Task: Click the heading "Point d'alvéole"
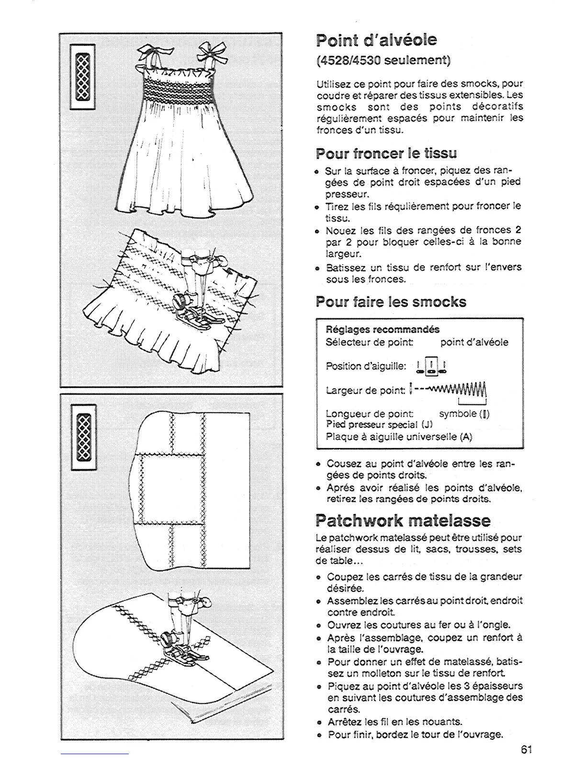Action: click(376, 40)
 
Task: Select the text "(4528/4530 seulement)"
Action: click(383, 60)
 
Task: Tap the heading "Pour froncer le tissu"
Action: click(386, 154)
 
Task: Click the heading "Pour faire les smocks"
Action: click(391, 302)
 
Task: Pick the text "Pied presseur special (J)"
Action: click(379, 424)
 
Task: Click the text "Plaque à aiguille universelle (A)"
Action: click(399, 436)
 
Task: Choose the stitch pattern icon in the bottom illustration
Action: click(83, 436)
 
